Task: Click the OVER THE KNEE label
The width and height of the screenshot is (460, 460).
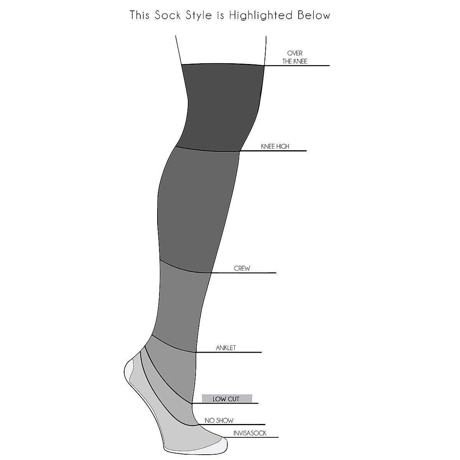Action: point(295,57)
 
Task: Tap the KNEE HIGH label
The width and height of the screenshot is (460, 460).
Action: point(275,146)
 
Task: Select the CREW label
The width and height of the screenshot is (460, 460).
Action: point(242,268)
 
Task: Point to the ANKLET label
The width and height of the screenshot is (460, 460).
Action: point(226,348)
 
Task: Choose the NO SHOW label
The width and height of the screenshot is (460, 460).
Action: point(219,421)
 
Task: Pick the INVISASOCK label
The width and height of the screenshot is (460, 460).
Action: point(250,434)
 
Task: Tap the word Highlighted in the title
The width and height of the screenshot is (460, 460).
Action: point(261,16)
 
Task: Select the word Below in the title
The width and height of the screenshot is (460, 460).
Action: point(314,15)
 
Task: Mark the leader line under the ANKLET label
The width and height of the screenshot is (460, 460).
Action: point(238,352)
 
